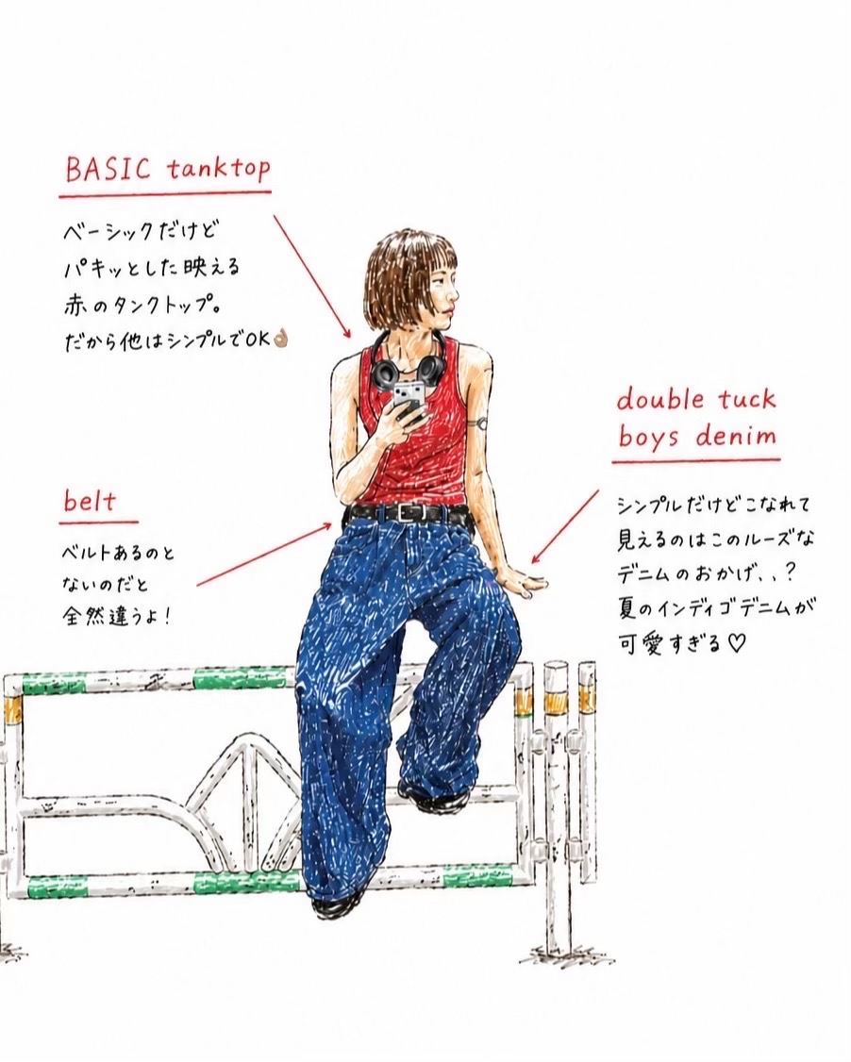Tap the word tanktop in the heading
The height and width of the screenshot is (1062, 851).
[x=218, y=170]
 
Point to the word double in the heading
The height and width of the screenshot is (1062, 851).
[x=660, y=399]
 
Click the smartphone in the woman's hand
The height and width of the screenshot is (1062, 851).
[x=409, y=400]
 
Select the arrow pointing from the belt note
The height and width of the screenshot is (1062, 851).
[x=265, y=554]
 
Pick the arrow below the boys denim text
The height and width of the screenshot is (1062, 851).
[x=565, y=526]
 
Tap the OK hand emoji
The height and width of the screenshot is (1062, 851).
[x=280, y=339]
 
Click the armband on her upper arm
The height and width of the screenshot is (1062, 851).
[x=480, y=423]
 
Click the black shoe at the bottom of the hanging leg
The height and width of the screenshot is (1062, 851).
[x=338, y=902]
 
